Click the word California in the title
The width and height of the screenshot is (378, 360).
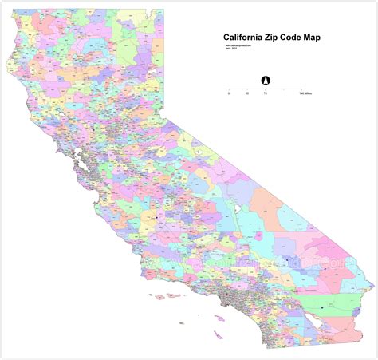pyautogui.click(x=245, y=36)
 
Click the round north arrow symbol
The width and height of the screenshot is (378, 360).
pyautogui.click(x=265, y=79)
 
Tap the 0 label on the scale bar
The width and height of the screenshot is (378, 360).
pyautogui.click(x=229, y=94)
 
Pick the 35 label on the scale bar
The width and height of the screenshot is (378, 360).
pyautogui.click(x=247, y=94)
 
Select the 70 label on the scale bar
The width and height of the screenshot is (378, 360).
pyautogui.click(x=265, y=94)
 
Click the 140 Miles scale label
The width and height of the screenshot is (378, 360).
pyautogui.click(x=305, y=94)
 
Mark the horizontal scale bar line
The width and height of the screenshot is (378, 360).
pyautogui.click(x=265, y=89)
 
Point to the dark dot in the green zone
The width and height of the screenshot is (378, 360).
pyautogui.click(x=322, y=307)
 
